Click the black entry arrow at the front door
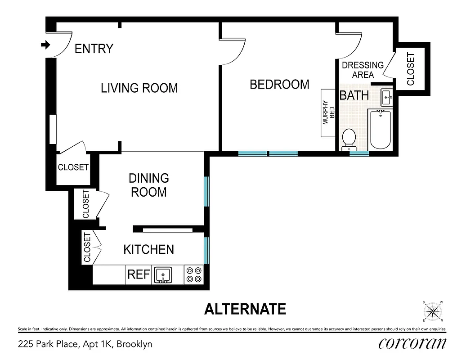click(x=45, y=45)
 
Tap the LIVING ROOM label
click(x=139, y=88)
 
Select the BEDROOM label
click(x=279, y=84)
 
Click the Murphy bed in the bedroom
click(x=328, y=112)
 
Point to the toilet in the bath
click(x=349, y=139)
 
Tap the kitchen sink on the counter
click(x=162, y=274)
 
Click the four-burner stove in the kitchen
click(x=194, y=274)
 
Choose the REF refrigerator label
click(x=138, y=274)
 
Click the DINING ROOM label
click(x=148, y=185)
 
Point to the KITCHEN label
click(x=148, y=249)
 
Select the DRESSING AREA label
click(x=363, y=70)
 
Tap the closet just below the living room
click(x=73, y=167)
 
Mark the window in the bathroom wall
click(x=359, y=153)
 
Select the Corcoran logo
click(x=412, y=343)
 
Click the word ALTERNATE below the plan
click(x=245, y=309)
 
